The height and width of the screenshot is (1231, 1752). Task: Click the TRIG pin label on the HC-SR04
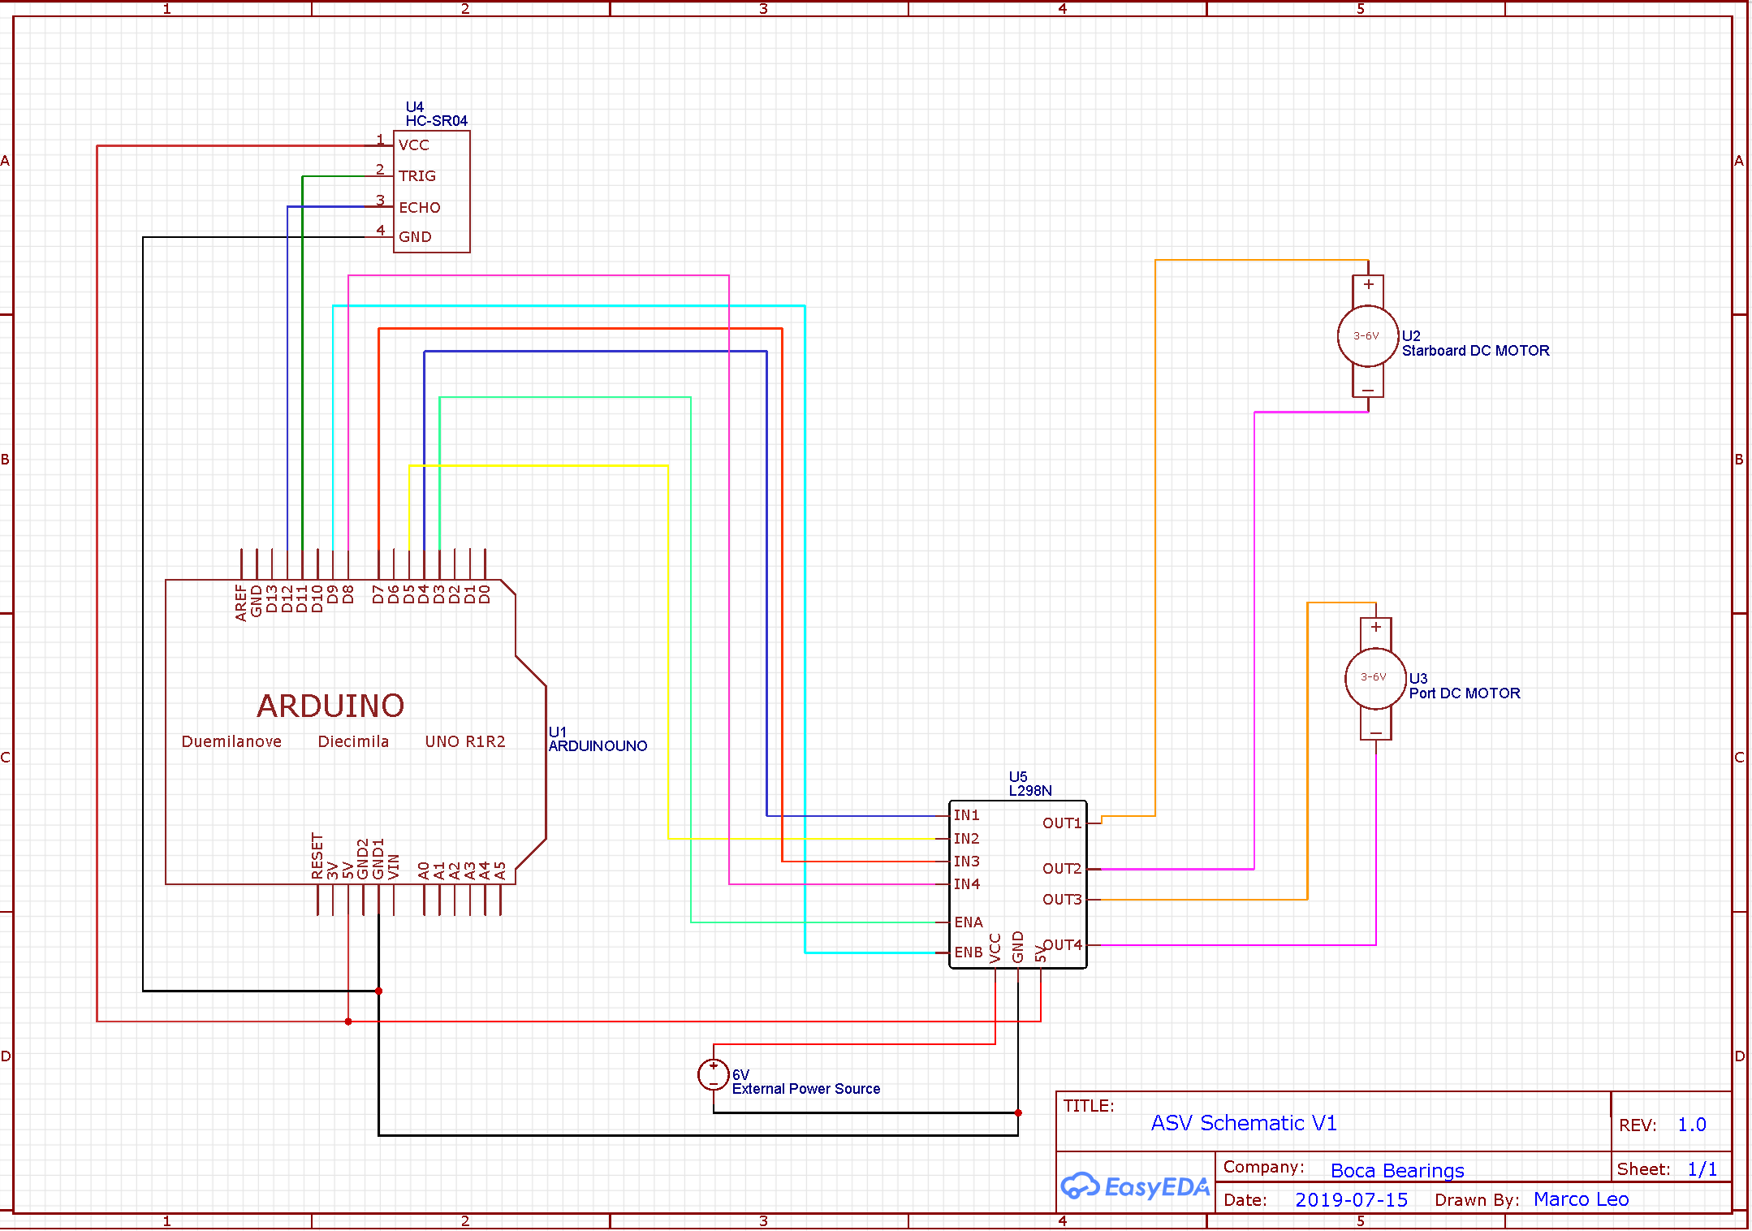click(417, 176)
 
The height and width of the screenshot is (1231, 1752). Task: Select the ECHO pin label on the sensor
click(420, 208)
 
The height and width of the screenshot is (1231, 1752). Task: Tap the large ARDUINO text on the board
click(330, 706)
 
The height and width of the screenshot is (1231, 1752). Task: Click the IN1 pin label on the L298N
click(966, 815)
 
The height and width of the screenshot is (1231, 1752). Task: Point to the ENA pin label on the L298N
click(969, 922)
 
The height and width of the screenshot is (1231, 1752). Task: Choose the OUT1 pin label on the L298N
click(1062, 823)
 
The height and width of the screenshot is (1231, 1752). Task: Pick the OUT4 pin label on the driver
click(1063, 945)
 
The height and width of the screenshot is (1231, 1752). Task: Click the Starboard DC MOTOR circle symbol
click(1368, 335)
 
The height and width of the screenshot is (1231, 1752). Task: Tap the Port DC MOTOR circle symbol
click(1375, 678)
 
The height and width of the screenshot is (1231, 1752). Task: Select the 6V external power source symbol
click(713, 1074)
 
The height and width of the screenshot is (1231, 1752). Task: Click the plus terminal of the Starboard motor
click(1369, 285)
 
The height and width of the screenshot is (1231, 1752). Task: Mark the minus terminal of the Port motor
click(1376, 732)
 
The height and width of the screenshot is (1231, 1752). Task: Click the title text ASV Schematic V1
click(1243, 1123)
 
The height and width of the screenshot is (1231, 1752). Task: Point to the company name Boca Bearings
click(1397, 1170)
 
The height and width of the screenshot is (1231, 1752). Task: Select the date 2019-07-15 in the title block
click(1351, 1200)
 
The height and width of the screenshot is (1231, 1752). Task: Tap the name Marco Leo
click(1581, 1199)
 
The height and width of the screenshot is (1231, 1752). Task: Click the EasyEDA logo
click(1135, 1186)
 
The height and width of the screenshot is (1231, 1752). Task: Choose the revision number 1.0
click(1692, 1125)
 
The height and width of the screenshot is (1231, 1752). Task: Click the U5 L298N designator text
click(1029, 784)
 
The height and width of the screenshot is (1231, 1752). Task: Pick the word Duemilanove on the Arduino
click(231, 741)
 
